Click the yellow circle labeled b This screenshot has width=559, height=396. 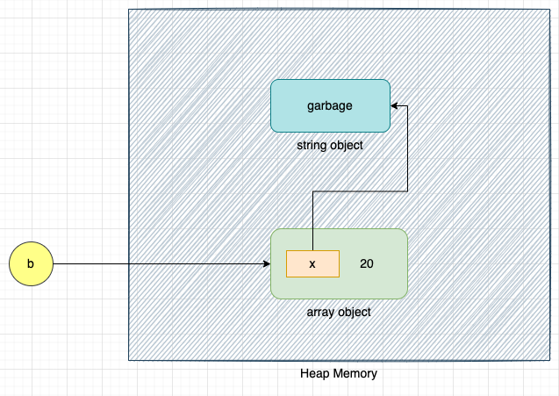click(31, 263)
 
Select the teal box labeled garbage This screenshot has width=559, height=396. click(330, 106)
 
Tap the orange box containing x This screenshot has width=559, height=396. click(312, 263)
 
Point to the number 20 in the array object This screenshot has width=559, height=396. click(367, 263)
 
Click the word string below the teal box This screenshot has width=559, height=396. click(312, 145)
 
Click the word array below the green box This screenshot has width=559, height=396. click(319, 312)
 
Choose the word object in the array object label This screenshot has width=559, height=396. click(353, 312)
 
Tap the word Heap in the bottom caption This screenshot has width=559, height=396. click(314, 373)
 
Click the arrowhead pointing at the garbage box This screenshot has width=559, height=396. click(395, 106)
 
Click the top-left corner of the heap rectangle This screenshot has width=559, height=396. click(129, 10)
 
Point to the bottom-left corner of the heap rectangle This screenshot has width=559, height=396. click(129, 360)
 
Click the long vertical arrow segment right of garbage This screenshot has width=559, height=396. click(408, 149)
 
